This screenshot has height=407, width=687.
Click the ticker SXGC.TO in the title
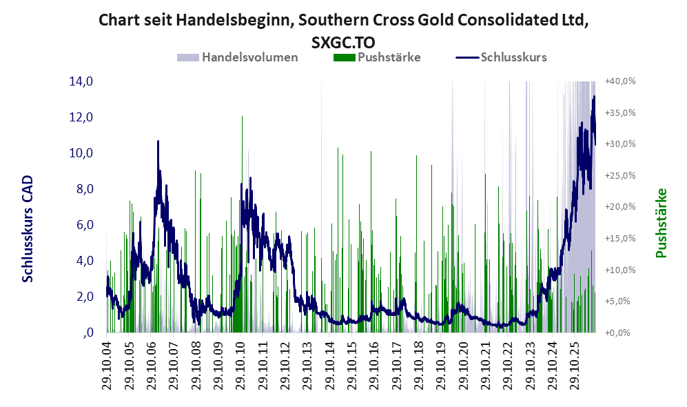coord(343,43)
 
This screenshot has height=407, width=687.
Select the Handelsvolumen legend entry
coord(238,57)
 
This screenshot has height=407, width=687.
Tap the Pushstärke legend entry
coord(377,57)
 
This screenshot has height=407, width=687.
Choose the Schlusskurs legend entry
coord(501,57)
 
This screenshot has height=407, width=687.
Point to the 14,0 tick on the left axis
coord(81,81)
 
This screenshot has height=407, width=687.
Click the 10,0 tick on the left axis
coord(81,153)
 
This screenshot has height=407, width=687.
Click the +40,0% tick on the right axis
coord(620,81)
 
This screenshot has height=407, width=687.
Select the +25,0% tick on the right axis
coord(620,175)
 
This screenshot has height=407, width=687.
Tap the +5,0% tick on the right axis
coord(618,301)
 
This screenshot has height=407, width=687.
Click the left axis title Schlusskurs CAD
coord(28,229)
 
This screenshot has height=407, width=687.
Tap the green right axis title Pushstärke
coord(662,224)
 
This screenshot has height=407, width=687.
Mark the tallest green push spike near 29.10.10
coord(242,224)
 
